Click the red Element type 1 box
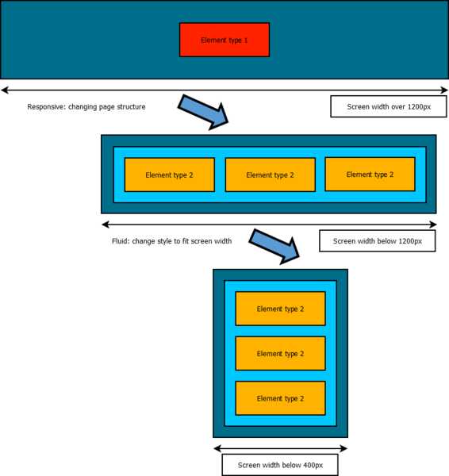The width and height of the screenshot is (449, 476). (x=224, y=40)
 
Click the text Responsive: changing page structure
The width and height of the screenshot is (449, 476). (x=86, y=106)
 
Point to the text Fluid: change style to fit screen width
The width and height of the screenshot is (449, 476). (x=171, y=240)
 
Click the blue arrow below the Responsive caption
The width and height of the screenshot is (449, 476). (x=204, y=111)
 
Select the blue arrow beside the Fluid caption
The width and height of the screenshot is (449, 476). (x=275, y=245)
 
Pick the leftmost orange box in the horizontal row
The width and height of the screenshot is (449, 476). (x=169, y=175)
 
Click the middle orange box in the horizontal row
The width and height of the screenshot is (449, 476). (x=270, y=175)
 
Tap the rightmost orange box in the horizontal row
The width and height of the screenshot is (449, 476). (x=370, y=174)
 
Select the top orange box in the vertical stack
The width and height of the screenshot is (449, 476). (x=280, y=309)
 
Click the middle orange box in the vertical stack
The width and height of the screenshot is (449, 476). (x=280, y=353)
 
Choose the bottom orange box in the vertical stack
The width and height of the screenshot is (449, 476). (x=280, y=398)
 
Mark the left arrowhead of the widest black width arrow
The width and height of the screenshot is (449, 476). (x=5, y=90)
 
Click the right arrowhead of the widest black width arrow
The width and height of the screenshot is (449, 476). (x=444, y=90)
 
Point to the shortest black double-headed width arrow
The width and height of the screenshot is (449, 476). (x=280, y=448)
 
